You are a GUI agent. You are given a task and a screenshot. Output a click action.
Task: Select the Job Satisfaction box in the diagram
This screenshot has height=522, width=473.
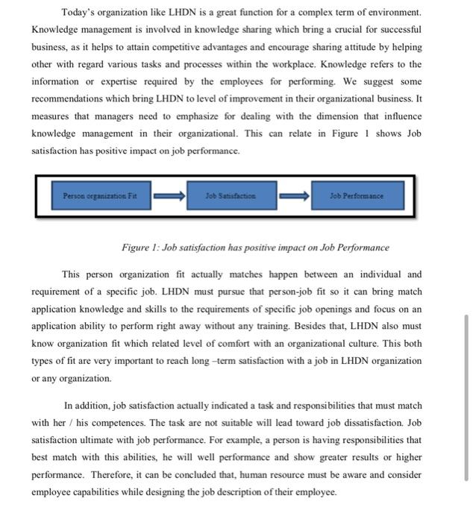pos(231,196)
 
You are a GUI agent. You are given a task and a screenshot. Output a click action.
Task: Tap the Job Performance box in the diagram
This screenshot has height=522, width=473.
pos(357,196)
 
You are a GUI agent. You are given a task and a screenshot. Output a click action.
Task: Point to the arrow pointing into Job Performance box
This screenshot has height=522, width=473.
pos(295,196)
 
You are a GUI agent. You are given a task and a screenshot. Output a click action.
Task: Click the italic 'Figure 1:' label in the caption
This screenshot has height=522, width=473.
pos(140,248)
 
